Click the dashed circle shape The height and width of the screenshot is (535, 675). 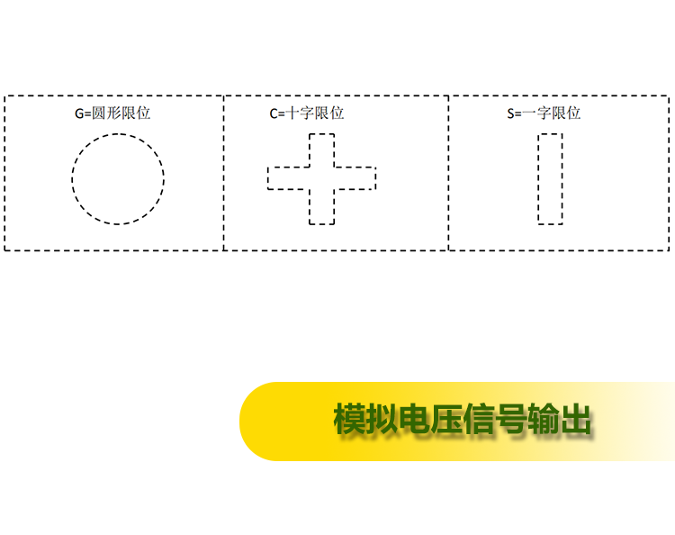coord(72,178)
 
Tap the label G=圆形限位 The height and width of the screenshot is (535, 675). coord(112,113)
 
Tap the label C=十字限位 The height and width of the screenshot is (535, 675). coord(307,113)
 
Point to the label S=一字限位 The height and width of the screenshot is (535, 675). coord(544,113)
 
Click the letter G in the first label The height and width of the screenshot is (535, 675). coord(79,113)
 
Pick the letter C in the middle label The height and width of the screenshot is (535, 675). coord(274,113)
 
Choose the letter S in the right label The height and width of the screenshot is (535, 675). coord(510,113)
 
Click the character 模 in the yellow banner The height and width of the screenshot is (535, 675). coord(349,418)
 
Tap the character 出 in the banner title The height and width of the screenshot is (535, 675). coord(575,418)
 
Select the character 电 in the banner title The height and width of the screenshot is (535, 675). coord(414,418)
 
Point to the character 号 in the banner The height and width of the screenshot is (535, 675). coord(510,418)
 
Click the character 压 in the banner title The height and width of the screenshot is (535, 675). coord(446,418)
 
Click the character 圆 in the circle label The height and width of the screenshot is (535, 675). coord(99,113)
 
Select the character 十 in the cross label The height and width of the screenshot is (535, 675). coord(292,113)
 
